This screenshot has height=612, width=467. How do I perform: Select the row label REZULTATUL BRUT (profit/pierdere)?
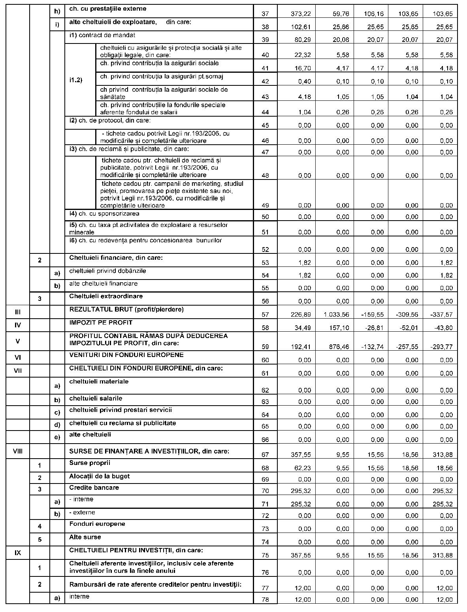coord(126,310)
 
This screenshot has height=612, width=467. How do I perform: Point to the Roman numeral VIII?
coord(17,451)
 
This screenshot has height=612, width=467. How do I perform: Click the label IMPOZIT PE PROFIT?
coord(101,323)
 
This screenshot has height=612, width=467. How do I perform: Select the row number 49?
coord(265,206)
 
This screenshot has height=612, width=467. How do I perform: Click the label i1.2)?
coord(75,81)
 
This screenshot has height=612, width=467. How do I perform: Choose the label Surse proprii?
coord(90,463)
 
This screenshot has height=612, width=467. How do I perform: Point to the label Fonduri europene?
coord(97,524)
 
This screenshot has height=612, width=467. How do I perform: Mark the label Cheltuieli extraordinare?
coord(106,296)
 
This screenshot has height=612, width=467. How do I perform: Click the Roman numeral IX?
coord(17,553)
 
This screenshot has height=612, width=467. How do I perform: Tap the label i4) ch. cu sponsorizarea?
coord(104,214)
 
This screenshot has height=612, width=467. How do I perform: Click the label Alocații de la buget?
coord(99,476)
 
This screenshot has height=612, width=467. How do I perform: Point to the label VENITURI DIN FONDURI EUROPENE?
coord(126,355)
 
